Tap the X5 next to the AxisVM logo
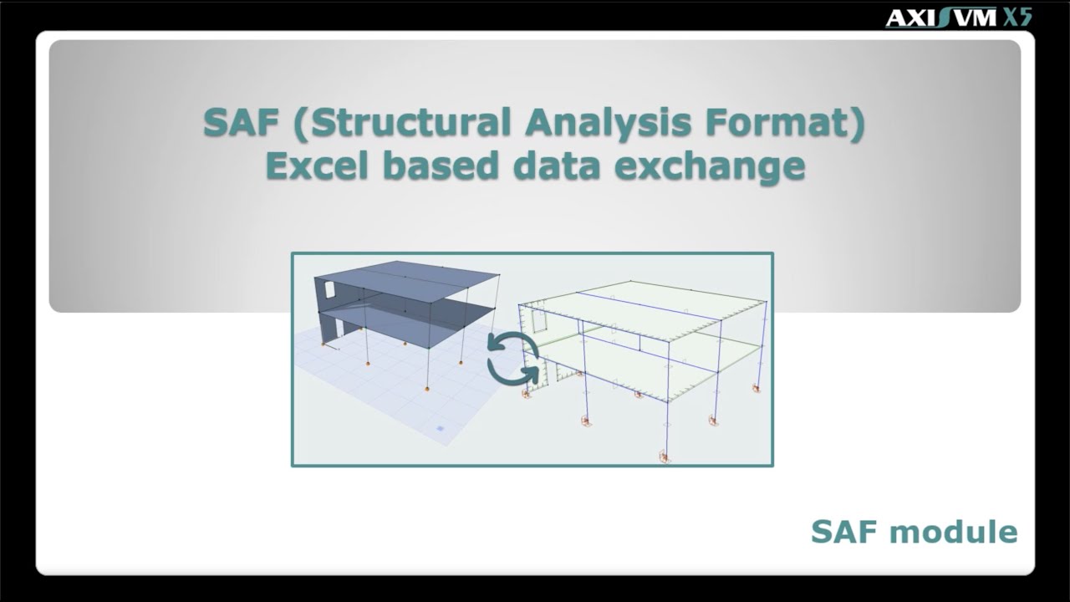tap(1017, 17)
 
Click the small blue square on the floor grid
tap(441, 429)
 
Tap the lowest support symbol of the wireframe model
tap(665, 457)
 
